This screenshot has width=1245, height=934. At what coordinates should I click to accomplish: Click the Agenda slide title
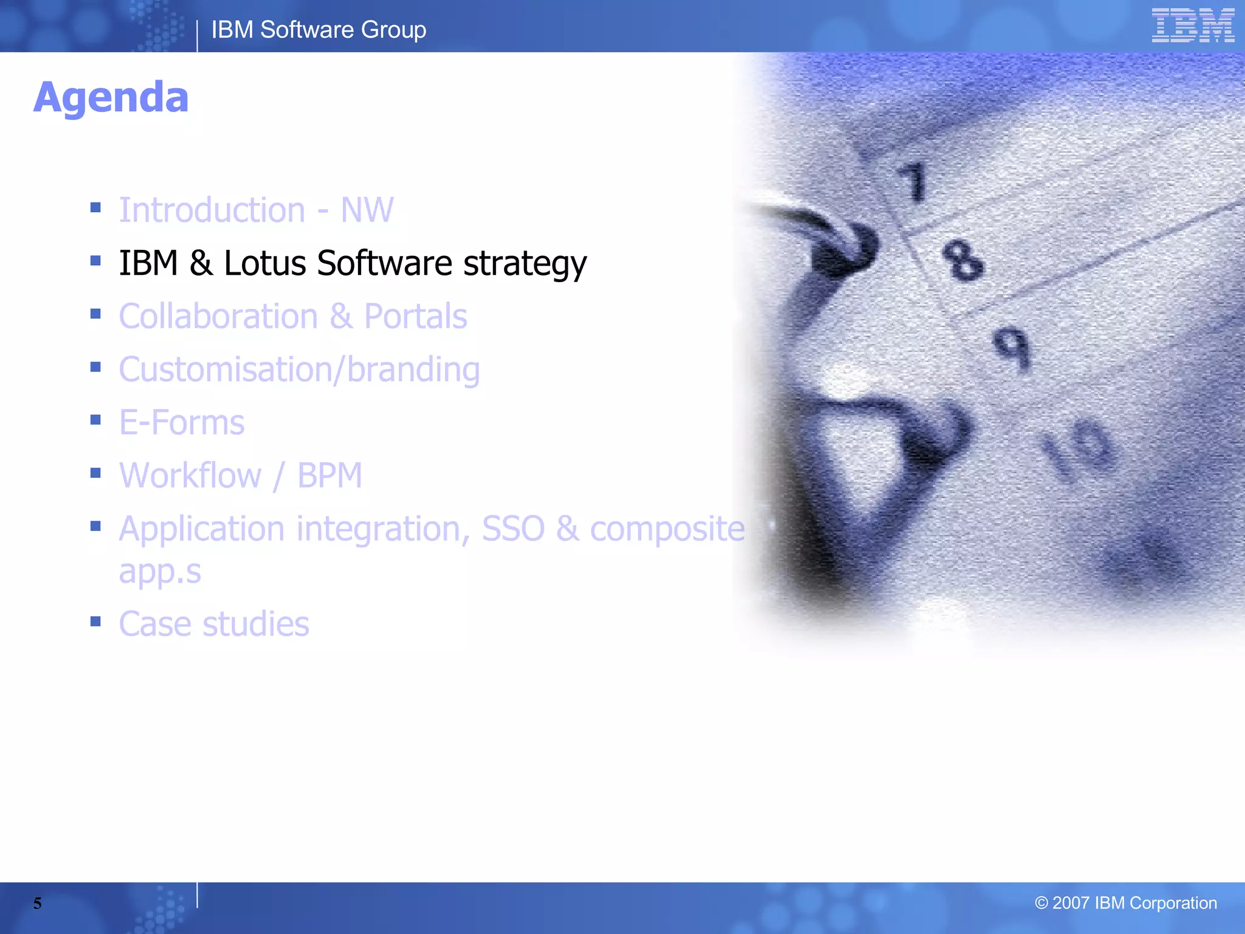point(111,98)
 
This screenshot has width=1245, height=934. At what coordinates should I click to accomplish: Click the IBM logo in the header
point(1192,26)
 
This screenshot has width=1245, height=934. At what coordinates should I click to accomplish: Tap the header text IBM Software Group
point(319,30)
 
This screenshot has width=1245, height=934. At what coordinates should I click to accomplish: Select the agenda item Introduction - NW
point(256,210)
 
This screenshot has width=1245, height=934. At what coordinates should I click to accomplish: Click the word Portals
point(415,316)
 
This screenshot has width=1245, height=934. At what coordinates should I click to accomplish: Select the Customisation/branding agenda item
point(299,370)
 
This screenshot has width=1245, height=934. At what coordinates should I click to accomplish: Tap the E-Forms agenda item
point(181,423)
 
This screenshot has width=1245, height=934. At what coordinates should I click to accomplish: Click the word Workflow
point(190,476)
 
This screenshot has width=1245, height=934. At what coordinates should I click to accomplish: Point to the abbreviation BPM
point(329,476)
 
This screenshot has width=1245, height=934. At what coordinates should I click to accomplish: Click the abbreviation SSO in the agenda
point(513,528)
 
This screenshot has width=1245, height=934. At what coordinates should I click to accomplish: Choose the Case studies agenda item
point(214,624)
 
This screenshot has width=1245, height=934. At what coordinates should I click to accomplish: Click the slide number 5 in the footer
point(38,904)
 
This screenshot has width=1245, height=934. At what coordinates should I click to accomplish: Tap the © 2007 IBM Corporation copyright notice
point(1125,903)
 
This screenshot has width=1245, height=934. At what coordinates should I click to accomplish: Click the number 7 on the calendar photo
point(914,181)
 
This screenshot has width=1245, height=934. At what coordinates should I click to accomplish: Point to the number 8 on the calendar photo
point(962,260)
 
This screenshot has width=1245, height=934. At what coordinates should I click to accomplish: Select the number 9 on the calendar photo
point(1012,348)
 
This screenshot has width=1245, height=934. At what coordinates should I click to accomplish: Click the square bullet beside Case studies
point(95,621)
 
